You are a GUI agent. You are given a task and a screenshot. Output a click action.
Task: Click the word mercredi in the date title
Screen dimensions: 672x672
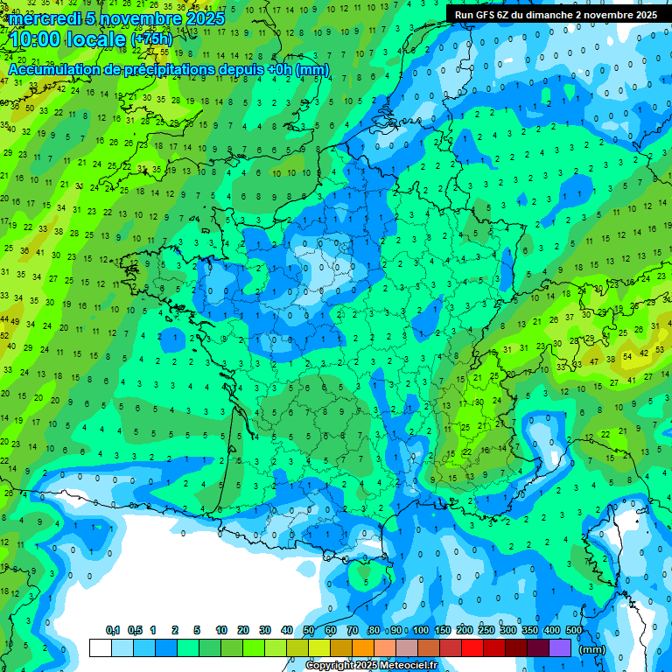click(x=45, y=18)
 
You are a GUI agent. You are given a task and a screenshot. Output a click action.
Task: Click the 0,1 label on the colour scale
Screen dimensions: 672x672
click(x=113, y=630)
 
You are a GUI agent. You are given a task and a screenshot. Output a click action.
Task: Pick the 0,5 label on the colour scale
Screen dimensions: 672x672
click(x=135, y=630)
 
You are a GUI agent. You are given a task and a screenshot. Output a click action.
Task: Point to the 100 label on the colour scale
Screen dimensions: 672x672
click(x=421, y=630)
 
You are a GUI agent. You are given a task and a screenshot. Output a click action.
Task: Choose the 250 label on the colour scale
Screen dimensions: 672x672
click(x=486, y=630)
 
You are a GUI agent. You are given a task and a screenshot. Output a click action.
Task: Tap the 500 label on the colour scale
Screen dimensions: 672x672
click(x=574, y=630)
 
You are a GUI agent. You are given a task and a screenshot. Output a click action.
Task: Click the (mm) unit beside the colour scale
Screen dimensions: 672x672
click(x=592, y=649)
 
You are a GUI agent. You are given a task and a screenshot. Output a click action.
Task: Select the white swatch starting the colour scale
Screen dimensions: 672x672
click(x=100, y=647)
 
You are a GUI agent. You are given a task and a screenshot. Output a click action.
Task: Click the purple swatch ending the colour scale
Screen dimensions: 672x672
click(x=560, y=647)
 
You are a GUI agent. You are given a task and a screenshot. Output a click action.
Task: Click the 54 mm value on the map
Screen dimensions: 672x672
click(x=627, y=357)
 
